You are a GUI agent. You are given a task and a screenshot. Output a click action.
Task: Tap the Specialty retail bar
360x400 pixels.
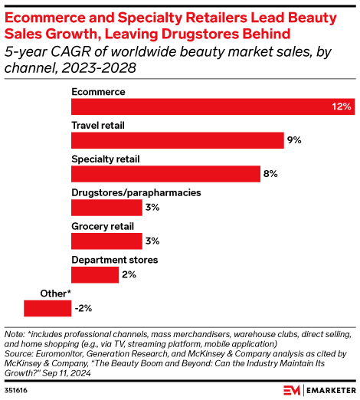[x=165, y=174]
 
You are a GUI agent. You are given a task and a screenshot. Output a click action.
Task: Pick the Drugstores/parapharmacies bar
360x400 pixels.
[x=106, y=208]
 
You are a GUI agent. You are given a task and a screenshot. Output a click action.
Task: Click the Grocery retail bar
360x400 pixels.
[x=106, y=241]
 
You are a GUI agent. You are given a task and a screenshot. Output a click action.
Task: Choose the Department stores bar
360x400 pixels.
[x=95, y=275]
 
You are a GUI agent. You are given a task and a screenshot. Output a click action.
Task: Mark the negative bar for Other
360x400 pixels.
[x=47, y=308]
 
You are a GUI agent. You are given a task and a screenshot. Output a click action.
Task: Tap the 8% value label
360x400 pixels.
[x=270, y=174]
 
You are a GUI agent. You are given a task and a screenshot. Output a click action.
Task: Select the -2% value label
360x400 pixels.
[x=83, y=308]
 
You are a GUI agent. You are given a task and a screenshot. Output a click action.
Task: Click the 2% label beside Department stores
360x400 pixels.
[x=129, y=275]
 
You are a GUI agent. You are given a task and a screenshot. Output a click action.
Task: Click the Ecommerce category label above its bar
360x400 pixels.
[x=98, y=92]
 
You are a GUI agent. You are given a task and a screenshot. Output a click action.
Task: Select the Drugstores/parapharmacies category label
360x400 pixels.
[x=136, y=193]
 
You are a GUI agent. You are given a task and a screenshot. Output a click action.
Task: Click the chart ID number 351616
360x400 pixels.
[x=16, y=390]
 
